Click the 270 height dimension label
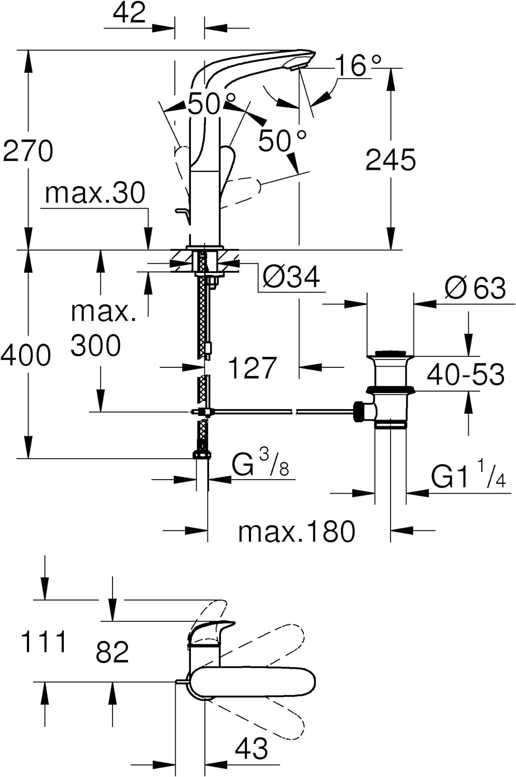pyautogui.click(x=28, y=151)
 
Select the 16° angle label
pyautogui.click(x=358, y=65)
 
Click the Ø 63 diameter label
pyautogui.click(x=475, y=288)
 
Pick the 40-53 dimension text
pyautogui.click(x=465, y=374)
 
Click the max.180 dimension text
pyautogui.click(x=297, y=531)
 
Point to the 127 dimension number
pyautogui.click(x=252, y=368)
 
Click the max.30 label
pyautogui.click(x=95, y=193)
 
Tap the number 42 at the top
pyautogui.click(x=129, y=12)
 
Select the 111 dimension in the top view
pyautogui.click(x=44, y=642)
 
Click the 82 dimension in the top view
pyautogui.click(x=112, y=652)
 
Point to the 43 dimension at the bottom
pyautogui.click(x=252, y=749)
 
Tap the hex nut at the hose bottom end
pyautogui.click(x=201, y=455)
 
